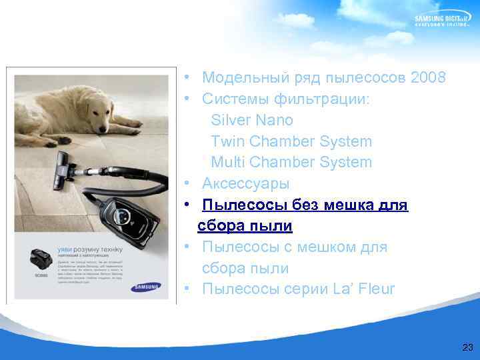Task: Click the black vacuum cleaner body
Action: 125,216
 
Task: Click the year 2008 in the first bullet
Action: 429,78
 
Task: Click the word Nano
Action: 273,120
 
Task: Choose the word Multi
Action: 227,162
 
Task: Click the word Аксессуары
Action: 245,183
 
